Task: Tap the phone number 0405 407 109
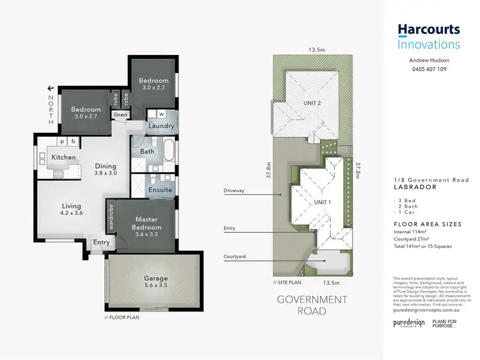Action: [x=428, y=70]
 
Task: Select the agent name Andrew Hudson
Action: [x=428, y=60]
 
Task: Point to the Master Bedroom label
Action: [x=147, y=227]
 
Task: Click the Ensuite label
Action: [x=160, y=190]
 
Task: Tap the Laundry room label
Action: [x=161, y=126]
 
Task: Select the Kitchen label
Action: [x=63, y=157]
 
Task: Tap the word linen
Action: [x=120, y=115]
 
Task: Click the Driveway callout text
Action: [x=234, y=191]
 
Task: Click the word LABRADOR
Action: [x=415, y=187]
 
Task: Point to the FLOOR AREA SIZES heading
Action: [x=427, y=224]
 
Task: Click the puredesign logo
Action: [x=409, y=323]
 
